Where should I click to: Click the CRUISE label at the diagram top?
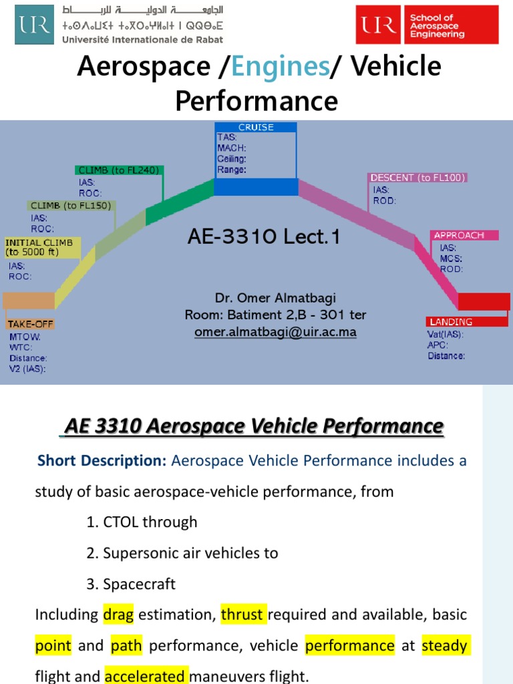(x=256, y=127)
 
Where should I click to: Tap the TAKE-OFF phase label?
(x=31, y=324)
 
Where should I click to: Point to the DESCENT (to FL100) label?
(x=417, y=178)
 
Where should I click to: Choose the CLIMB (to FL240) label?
(x=119, y=170)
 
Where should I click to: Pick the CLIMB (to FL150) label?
(x=71, y=206)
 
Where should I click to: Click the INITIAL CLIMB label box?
(x=42, y=247)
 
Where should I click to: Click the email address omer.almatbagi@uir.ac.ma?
(x=275, y=332)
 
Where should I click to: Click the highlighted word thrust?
(x=243, y=614)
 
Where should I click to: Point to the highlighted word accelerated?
(x=147, y=677)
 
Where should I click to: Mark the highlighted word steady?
(x=444, y=645)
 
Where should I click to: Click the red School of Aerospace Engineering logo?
(x=427, y=25)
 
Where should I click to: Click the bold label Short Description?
(x=102, y=460)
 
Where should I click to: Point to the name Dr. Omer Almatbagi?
(x=275, y=298)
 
